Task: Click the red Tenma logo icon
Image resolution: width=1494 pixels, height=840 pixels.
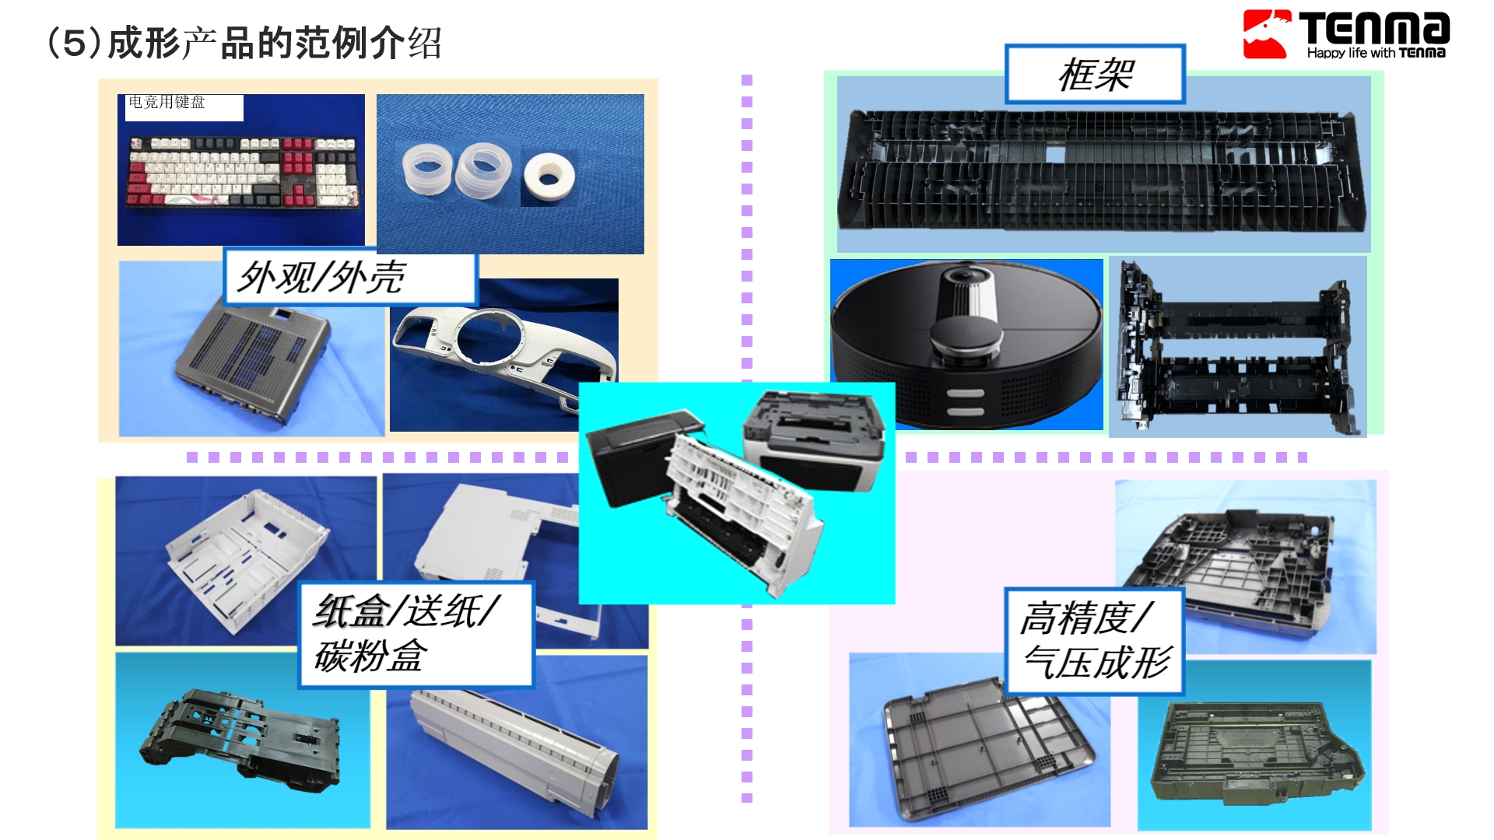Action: point(1267,34)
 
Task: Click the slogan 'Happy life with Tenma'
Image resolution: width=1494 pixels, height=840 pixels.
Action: point(1376,53)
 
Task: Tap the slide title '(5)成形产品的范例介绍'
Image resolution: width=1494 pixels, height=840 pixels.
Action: point(244,43)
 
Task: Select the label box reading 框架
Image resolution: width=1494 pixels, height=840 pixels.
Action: point(1095,75)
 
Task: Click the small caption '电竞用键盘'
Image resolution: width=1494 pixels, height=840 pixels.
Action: point(167,102)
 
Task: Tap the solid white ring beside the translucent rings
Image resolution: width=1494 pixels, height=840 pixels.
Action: point(549,178)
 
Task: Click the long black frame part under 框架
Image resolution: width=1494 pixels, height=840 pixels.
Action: point(1101,170)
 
